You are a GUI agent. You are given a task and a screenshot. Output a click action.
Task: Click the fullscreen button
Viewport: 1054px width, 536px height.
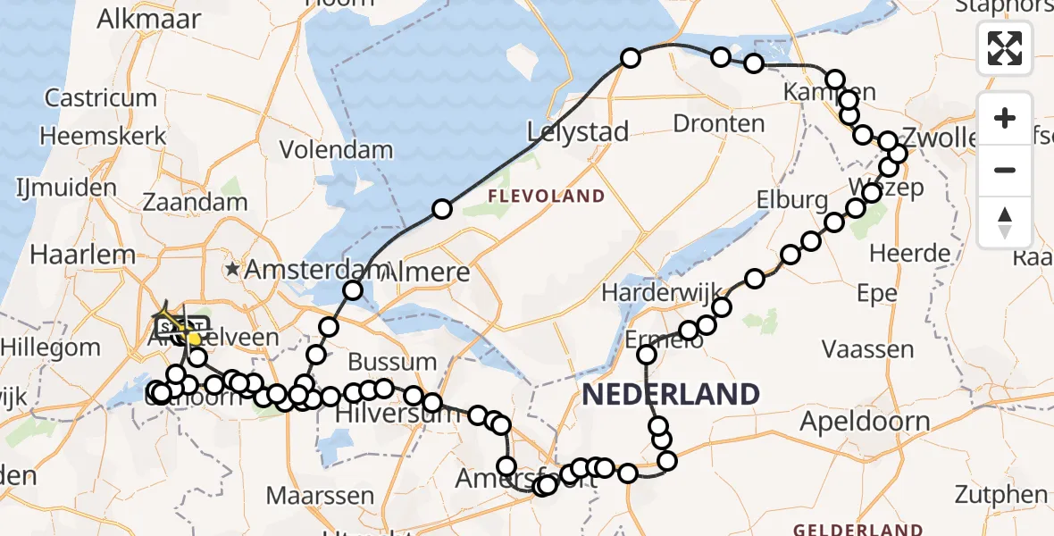coord(1005,47)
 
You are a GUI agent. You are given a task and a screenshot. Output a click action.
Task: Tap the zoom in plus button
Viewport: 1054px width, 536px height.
coord(1005,119)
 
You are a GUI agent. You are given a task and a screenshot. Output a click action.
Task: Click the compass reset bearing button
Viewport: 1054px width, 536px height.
coord(1005,222)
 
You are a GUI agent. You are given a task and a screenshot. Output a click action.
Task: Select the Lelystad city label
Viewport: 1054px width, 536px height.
coord(577,132)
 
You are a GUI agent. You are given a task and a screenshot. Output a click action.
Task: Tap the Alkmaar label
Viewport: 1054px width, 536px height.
coord(149,19)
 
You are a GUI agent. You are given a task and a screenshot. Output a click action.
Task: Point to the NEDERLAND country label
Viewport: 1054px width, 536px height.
coord(671,394)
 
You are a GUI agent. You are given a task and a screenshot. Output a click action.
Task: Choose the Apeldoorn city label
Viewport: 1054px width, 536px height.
coord(866,421)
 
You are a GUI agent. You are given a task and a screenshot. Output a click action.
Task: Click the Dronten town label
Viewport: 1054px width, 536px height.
coord(719,123)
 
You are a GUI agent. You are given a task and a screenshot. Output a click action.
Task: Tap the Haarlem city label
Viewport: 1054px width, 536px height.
coord(82,254)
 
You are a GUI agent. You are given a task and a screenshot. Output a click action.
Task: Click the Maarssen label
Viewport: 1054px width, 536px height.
coord(320,495)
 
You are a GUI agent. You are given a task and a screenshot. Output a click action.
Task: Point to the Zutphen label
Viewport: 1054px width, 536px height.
coord(1000,493)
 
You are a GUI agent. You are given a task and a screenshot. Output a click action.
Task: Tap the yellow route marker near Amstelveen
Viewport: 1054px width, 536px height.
coord(194,339)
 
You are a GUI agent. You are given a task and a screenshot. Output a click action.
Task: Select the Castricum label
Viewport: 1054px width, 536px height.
coord(101,97)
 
